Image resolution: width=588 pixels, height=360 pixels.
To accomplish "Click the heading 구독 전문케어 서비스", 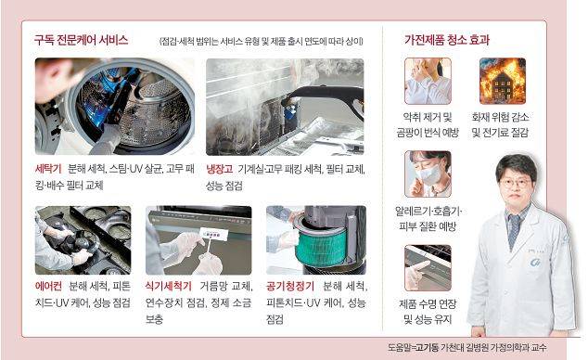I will tap(81, 41).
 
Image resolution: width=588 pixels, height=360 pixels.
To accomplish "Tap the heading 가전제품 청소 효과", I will tap(447, 41).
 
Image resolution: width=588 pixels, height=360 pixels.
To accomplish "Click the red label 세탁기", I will tap(47, 171).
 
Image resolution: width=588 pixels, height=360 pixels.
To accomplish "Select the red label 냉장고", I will tap(221, 171).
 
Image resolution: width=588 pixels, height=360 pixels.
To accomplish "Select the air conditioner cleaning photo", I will tap(83, 239).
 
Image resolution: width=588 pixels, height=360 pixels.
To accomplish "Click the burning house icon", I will tap(502, 81).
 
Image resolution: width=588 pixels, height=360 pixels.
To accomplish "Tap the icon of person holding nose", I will tap(428, 81).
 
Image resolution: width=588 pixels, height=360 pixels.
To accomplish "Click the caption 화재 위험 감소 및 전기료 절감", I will tap(503, 125).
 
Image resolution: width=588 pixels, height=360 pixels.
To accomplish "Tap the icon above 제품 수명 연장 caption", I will tap(428, 267).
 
